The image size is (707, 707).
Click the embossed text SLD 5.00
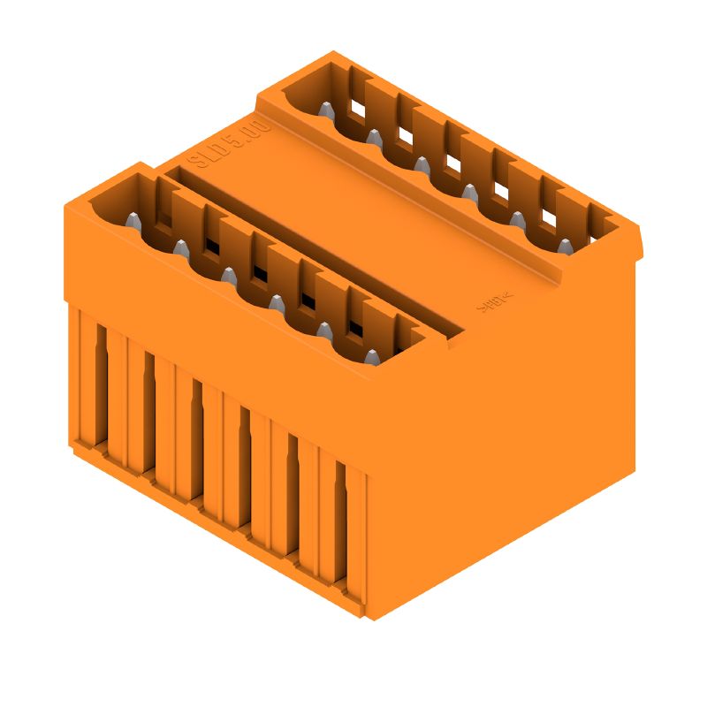(x=228, y=144)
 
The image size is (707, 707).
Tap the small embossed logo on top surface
(x=496, y=303)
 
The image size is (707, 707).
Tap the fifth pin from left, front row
(x=323, y=331)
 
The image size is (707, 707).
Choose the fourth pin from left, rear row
(x=468, y=191)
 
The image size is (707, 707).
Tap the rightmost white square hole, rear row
(x=548, y=217)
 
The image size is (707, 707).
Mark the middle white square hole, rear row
(x=452, y=163)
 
